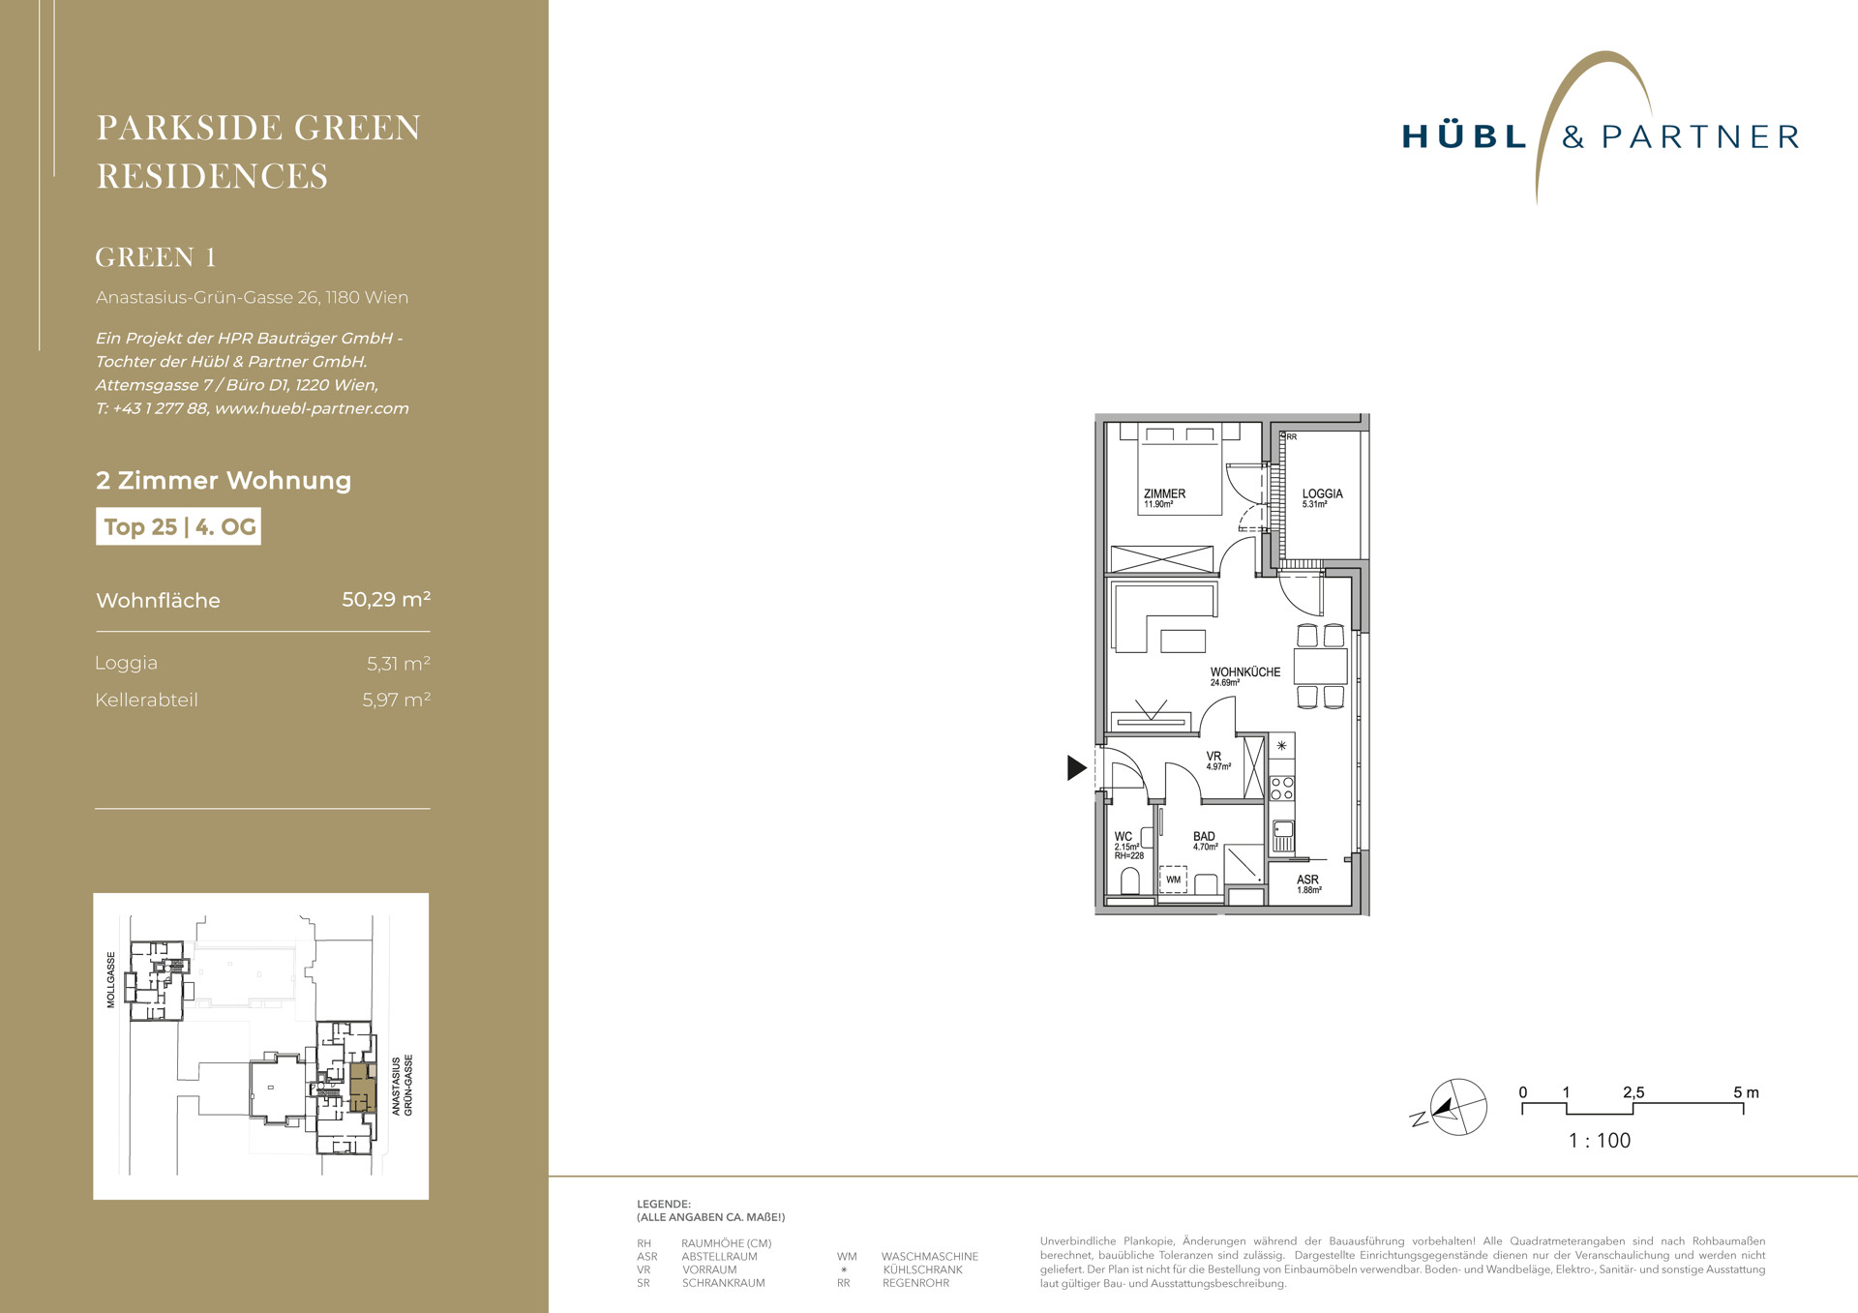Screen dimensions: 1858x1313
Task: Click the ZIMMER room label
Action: pos(1164,493)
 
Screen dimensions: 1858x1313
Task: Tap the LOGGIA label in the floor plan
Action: pos(1322,493)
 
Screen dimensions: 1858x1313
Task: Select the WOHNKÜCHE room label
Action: pos(1244,671)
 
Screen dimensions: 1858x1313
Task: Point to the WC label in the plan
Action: pos(1123,836)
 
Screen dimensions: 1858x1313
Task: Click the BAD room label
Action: pos(1204,836)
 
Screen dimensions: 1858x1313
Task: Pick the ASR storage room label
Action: pos(1307,880)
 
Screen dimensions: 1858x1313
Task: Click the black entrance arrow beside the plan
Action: pos(1076,767)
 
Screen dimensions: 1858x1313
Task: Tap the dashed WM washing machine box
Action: pos(1173,880)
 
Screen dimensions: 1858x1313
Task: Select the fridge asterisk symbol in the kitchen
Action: pos(1281,745)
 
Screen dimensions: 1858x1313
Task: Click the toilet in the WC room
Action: pos(1129,880)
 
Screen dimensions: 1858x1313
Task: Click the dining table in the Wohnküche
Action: pos(1320,667)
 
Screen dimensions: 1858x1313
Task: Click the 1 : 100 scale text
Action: pos(1600,1141)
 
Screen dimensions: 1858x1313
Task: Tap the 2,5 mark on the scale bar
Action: pos(1633,1092)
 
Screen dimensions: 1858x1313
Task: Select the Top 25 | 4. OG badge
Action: pos(178,527)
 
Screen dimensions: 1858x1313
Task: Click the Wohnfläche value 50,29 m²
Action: pos(386,599)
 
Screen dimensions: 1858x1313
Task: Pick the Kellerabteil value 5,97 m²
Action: pos(397,700)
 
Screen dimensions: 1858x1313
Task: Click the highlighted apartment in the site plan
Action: pos(362,1088)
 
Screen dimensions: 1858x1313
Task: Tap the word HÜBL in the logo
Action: pos(1465,136)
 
